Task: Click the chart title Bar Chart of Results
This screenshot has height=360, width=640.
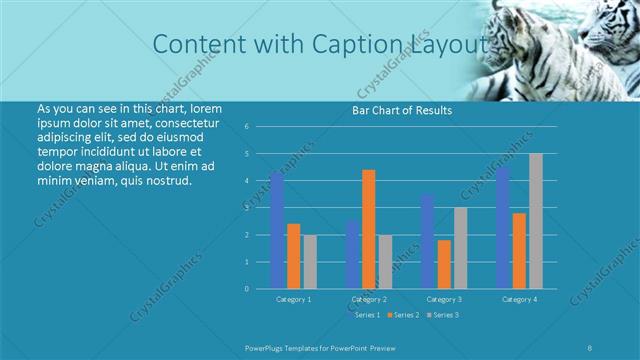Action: tap(402, 110)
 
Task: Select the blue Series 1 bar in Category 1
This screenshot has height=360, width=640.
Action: tap(277, 230)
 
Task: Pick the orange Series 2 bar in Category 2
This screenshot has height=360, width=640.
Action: tap(369, 229)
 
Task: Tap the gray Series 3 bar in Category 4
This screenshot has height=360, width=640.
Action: tap(536, 221)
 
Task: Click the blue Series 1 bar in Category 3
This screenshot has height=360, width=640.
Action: tap(427, 241)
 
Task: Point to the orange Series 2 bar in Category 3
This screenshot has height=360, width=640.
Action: tap(444, 264)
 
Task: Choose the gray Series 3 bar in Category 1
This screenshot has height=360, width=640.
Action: tap(310, 262)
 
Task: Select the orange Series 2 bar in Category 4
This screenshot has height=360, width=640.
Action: tap(519, 250)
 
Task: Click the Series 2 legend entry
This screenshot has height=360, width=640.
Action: tap(403, 315)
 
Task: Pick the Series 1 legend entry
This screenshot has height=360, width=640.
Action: tap(364, 315)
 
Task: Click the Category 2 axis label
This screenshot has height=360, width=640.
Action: tap(369, 299)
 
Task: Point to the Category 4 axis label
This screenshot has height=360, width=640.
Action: tap(519, 299)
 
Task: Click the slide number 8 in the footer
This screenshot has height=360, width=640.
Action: tap(591, 346)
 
